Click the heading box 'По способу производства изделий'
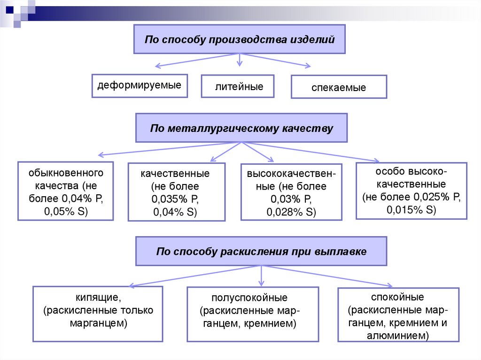point(240,39)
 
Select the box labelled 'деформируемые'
point(140,85)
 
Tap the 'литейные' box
point(238,86)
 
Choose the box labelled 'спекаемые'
point(339,87)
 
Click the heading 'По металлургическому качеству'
point(241,128)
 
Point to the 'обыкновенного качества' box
point(66,191)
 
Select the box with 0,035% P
point(177,191)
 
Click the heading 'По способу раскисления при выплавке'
point(261,252)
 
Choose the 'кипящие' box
point(98,313)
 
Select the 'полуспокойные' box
point(249,313)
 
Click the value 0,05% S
point(66,212)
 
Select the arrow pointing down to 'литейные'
point(240,60)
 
